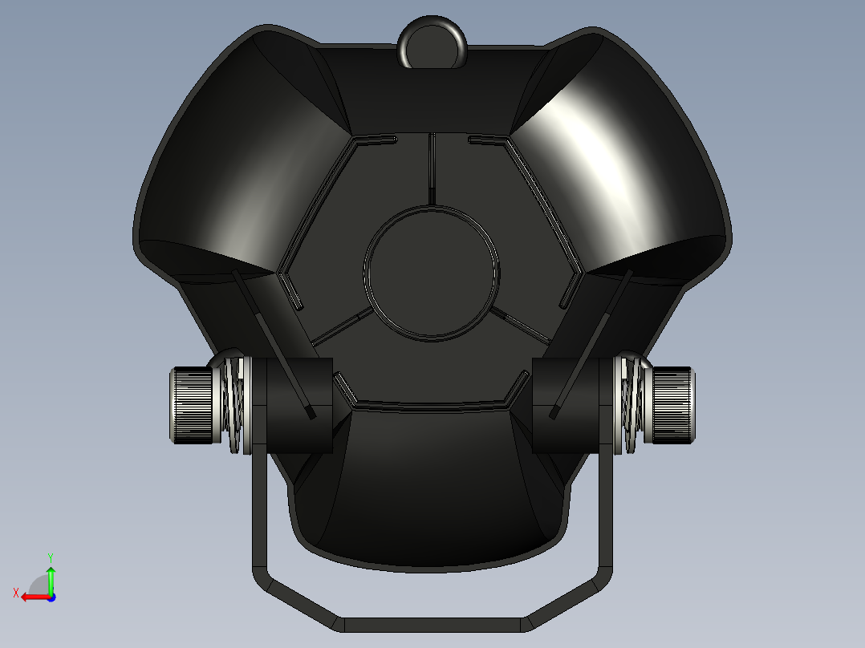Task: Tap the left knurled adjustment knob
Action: [x=191, y=404]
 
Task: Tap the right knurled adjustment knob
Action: [x=674, y=404]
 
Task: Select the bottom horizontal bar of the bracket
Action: [x=433, y=623]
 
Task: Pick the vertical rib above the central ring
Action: [x=432, y=168]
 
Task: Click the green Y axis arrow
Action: [x=51, y=577]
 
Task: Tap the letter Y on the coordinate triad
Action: [x=50, y=557]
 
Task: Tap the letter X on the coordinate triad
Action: [x=15, y=593]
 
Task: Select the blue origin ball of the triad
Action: [x=51, y=597]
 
